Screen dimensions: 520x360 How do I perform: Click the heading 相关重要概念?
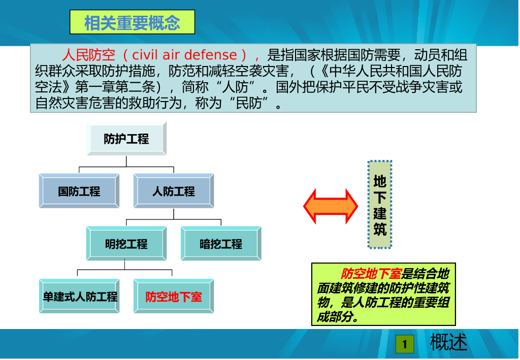[x=132, y=22]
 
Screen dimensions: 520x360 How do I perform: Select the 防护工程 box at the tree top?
[x=126, y=139]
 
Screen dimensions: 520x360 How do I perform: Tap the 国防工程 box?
[x=79, y=191]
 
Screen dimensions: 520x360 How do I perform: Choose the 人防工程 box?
[x=174, y=191]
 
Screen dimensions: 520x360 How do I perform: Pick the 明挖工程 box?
[x=126, y=244]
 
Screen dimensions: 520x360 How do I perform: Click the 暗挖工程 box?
[x=221, y=244]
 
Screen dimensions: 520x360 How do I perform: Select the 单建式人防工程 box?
[x=79, y=297]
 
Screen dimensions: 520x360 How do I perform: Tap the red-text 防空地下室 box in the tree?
[x=174, y=297]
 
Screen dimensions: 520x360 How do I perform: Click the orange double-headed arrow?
[x=331, y=206]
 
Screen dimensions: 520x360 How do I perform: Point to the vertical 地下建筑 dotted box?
[x=380, y=204]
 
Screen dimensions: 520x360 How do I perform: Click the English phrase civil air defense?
[x=184, y=55]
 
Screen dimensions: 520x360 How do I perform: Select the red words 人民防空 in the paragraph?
[x=89, y=55]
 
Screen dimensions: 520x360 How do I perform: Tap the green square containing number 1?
[x=405, y=344]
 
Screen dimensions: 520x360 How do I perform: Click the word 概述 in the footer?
[x=448, y=342]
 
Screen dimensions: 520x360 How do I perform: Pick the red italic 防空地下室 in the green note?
[x=371, y=274]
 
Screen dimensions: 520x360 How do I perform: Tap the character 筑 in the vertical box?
[x=380, y=228]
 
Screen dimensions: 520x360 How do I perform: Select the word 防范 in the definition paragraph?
[x=182, y=71]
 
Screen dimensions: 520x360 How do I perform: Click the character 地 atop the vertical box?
[x=380, y=181]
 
